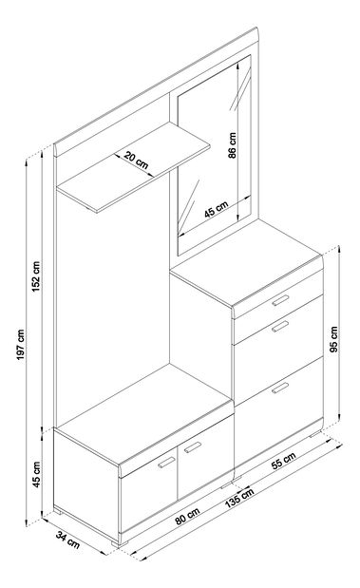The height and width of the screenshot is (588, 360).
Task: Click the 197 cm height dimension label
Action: pos(22,345)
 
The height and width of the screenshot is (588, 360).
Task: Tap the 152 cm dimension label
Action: pos(36,276)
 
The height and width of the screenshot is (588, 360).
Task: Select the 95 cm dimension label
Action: pos(334,339)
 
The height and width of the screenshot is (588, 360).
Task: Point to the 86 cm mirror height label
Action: pos(233,145)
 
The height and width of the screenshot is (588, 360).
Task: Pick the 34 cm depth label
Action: pos(67,540)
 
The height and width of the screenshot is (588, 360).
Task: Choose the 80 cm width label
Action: pos(187,516)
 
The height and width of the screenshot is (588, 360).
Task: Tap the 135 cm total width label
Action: pos(239,498)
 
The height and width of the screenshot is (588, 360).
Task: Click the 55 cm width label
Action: pos(283,461)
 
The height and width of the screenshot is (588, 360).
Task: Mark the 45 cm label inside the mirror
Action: pos(217,209)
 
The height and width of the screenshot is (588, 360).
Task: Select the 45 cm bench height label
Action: pos(36,474)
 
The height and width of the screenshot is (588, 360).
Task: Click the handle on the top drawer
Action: pos(280,300)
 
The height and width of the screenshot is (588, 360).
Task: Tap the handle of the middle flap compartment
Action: pos(280,326)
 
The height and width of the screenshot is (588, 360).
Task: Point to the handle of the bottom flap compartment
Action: pos(280,388)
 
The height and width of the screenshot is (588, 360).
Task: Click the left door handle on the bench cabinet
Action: pos(166,463)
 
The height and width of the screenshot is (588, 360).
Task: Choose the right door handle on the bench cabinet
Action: pos(193,447)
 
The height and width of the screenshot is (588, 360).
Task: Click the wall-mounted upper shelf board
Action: pos(133,167)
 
